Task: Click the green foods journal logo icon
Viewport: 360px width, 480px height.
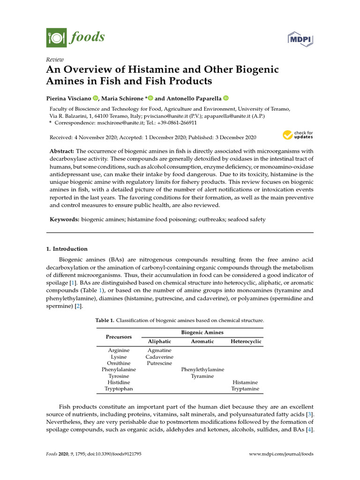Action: coord(56,37)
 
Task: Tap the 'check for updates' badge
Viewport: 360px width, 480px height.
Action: coord(298,136)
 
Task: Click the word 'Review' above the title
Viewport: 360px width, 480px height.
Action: coord(54,60)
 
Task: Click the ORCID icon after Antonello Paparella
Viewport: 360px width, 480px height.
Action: coord(225,98)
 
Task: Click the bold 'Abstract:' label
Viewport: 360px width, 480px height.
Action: coord(62,151)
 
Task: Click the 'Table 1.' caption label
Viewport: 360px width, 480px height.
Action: coord(105,321)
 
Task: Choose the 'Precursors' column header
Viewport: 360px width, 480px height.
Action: coord(119,337)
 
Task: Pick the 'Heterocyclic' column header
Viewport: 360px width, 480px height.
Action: coord(246,342)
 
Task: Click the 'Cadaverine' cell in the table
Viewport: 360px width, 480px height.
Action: coord(159,357)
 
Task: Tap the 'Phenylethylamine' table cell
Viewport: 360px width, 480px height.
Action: coord(202,369)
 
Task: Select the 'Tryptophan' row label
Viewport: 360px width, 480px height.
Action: coord(119,389)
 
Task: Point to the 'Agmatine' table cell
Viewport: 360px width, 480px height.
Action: coord(159,350)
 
